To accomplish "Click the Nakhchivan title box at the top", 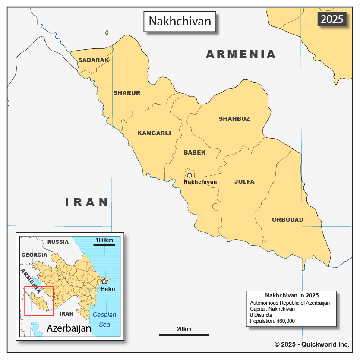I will click(180, 21).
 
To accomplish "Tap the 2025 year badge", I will click(332, 19).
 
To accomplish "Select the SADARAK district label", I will click(94, 60).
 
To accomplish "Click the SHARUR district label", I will click(127, 93).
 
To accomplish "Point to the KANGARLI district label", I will click(154, 133).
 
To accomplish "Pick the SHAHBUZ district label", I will click(234, 119).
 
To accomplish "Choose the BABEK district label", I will click(195, 152).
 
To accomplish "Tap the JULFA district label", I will click(244, 182).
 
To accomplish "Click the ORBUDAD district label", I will click(287, 220).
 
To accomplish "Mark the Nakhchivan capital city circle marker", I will click(189, 175).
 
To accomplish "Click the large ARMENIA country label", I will click(241, 54).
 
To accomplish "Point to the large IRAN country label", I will click(87, 202).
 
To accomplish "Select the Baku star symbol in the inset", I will click(104, 281).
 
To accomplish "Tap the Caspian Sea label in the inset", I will click(104, 319).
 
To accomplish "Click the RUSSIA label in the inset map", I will click(58, 242).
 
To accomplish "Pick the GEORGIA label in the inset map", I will click(34, 255).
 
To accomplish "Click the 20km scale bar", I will click(184, 335).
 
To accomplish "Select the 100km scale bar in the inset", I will click(104, 245).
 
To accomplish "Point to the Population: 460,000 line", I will click(272, 321).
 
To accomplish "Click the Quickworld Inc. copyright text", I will click(312, 344).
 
